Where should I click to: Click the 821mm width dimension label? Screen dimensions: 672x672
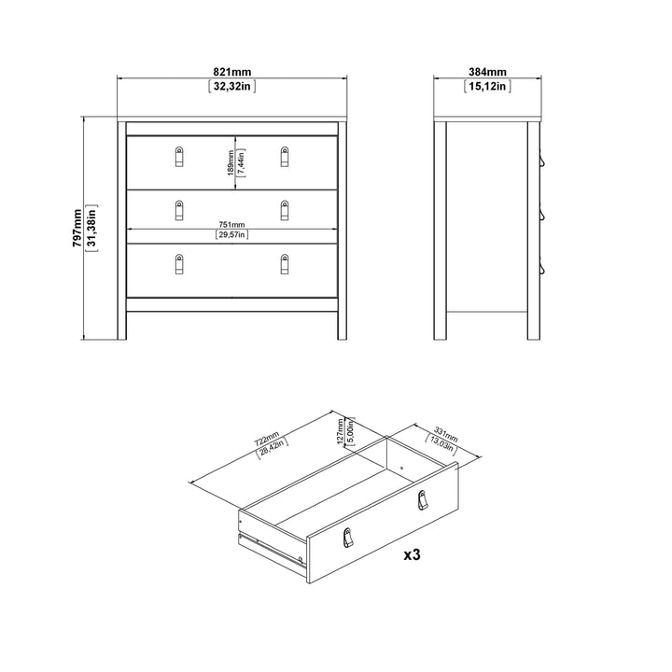pyautogui.click(x=231, y=72)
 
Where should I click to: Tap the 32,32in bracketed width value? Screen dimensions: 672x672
pyautogui.click(x=231, y=87)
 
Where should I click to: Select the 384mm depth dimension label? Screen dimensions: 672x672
pyautogui.click(x=487, y=72)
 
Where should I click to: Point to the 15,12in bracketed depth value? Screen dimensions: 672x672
pyautogui.click(x=487, y=87)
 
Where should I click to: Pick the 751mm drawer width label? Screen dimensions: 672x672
pyautogui.click(x=231, y=224)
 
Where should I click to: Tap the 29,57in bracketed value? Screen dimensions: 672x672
pyautogui.click(x=231, y=235)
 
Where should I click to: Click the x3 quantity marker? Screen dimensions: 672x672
pyautogui.click(x=412, y=555)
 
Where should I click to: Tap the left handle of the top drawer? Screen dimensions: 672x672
pyautogui.click(x=178, y=157)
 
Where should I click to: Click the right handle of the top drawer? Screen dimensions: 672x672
pyautogui.click(x=285, y=157)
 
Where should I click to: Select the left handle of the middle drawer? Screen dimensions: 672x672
pyautogui.click(x=178, y=211)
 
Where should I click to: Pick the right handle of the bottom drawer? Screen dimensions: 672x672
pyautogui.click(x=285, y=265)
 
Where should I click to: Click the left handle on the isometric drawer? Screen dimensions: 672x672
pyautogui.click(x=349, y=539)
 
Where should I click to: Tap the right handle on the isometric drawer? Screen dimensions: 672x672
pyautogui.click(x=422, y=500)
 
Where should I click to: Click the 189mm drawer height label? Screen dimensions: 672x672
pyautogui.click(x=231, y=163)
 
